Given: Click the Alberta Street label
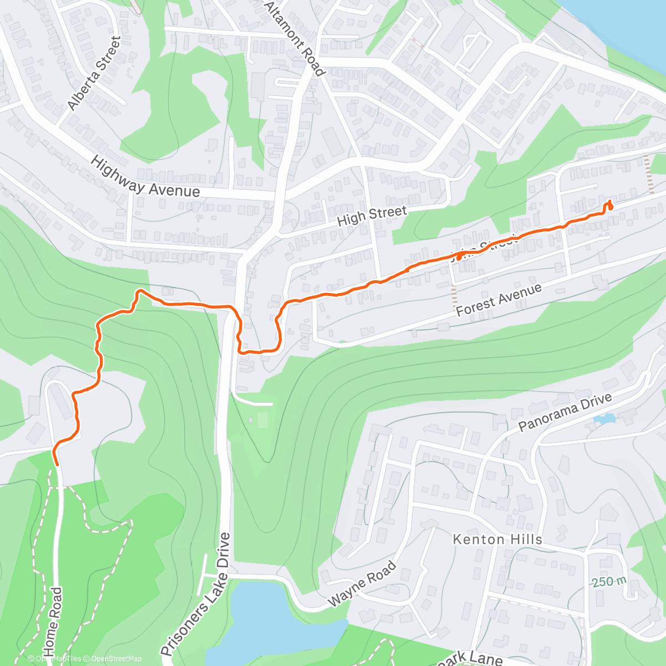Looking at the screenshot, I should [94, 73].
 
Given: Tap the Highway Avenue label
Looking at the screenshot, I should [145, 177].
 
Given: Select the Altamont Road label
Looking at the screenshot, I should [294, 38].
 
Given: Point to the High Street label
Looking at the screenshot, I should [372, 215].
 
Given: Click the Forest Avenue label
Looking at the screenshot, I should [498, 300].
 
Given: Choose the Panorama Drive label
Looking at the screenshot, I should [565, 412].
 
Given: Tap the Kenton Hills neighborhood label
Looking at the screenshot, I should [497, 539].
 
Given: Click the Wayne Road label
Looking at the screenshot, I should [362, 583].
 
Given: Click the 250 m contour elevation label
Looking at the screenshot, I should [609, 582].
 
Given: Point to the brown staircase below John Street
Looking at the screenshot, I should [455, 297].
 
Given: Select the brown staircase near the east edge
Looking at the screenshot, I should [649, 174].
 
